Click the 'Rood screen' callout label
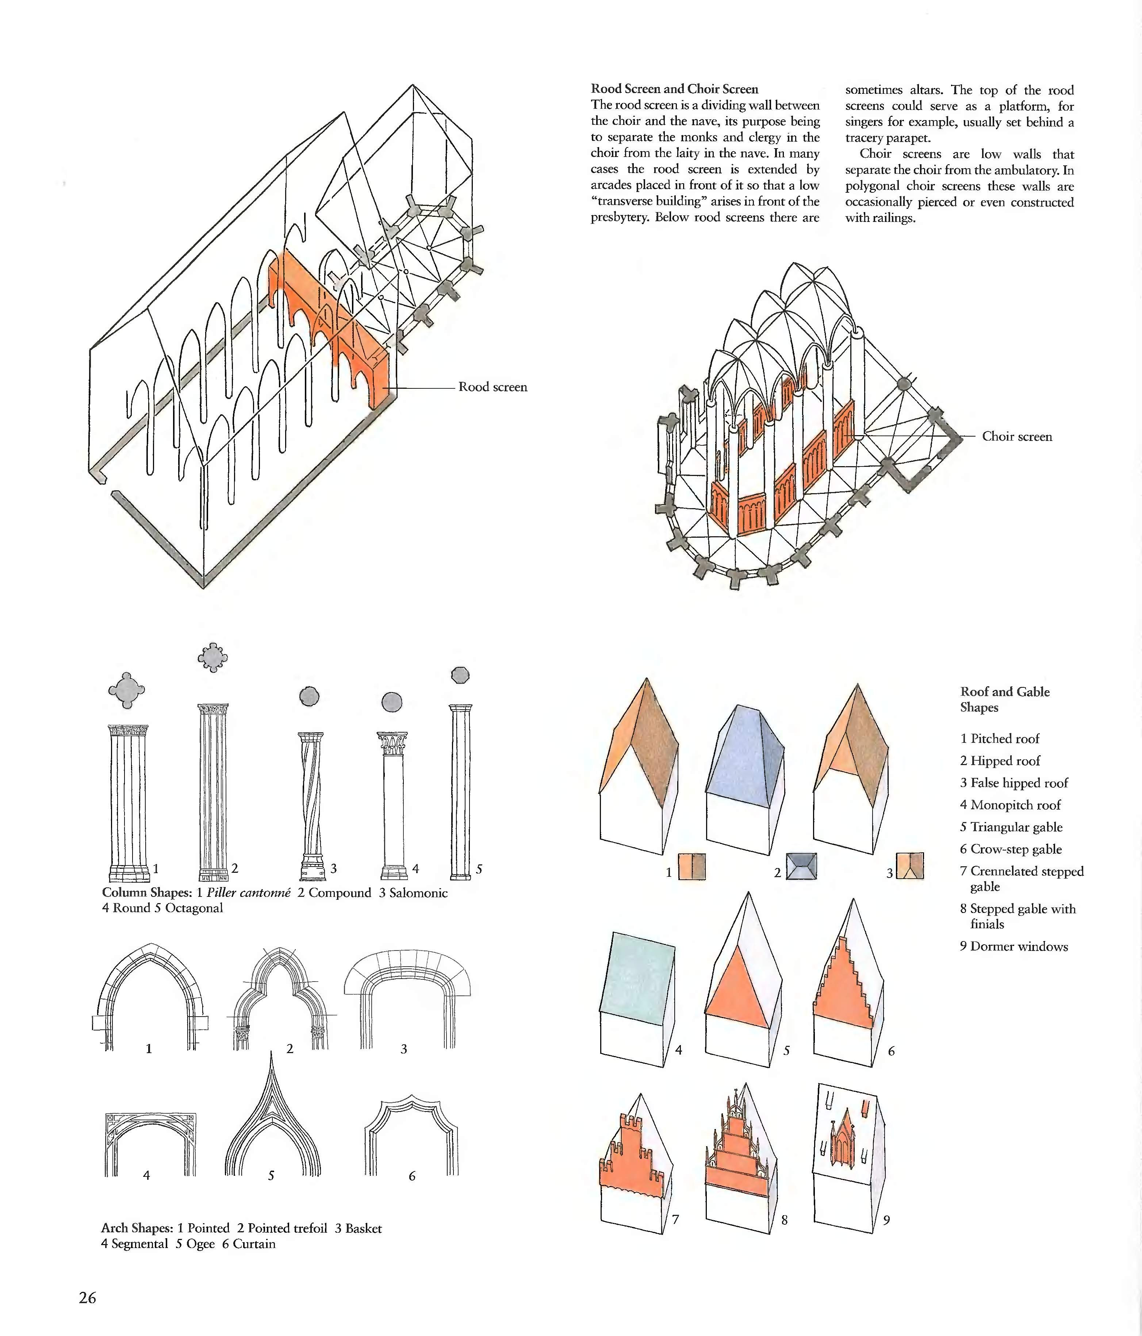pyautogui.click(x=493, y=387)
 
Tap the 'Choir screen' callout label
pyautogui.click(x=1017, y=437)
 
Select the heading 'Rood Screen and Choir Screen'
pyautogui.click(x=674, y=89)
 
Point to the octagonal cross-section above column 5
pyautogui.click(x=460, y=675)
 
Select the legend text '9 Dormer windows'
pyautogui.click(x=1014, y=947)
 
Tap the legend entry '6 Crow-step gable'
pyautogui.click(x=1011, y=849)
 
